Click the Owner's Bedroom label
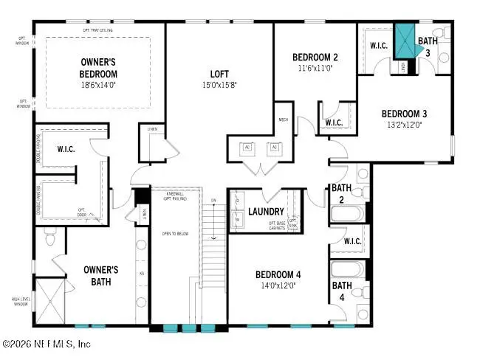(x=98, y=66)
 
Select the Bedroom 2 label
(x=315, y=58)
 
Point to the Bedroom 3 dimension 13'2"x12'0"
(x=404, y=125)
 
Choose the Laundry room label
(x=267, y=212)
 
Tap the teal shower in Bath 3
(x=404, y=41)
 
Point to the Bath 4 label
(x=341, y=291)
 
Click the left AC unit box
(x=247, y=147)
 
